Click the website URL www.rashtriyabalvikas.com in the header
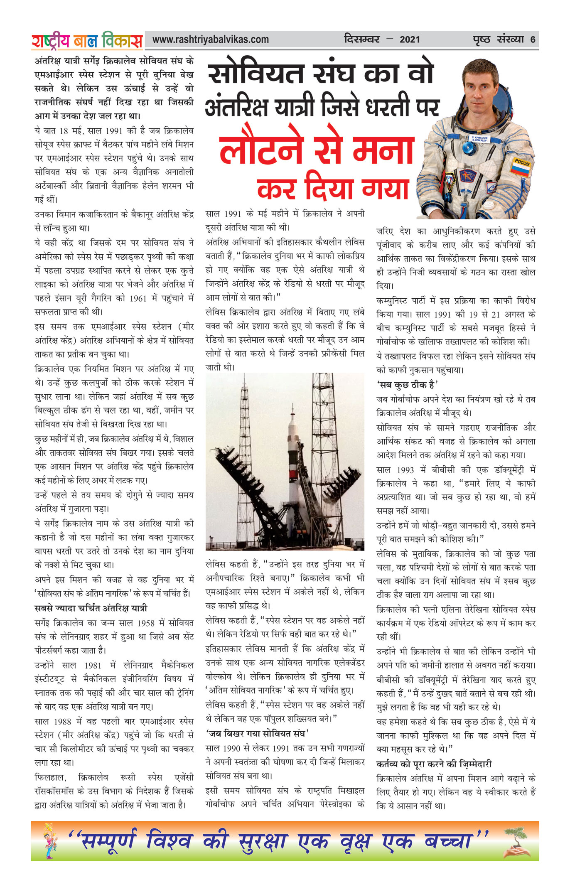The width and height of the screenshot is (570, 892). pos(210,39)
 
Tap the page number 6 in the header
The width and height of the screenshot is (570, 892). pos(533,40)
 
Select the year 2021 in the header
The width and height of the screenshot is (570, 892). pos(410,40)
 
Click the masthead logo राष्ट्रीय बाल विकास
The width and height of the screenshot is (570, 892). pos(87,41)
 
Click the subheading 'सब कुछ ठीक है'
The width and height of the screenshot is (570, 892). pos(407,384)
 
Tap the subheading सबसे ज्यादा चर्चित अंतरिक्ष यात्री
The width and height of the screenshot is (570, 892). pos(91,608)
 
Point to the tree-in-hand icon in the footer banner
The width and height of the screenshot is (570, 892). pos(516,841)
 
